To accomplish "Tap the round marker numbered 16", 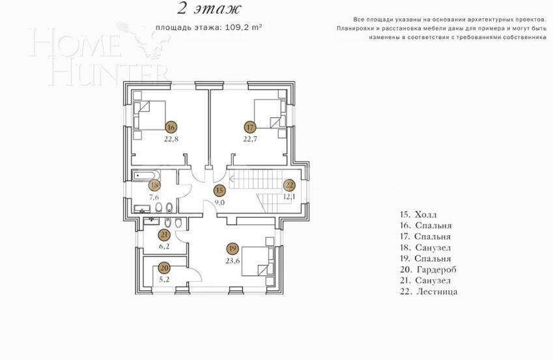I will pyautogui.click(x=171, y=127).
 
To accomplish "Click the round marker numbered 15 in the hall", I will pyautogui.click(x=220, y=190).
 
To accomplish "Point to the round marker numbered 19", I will pyautogui.click(x=233, y=249).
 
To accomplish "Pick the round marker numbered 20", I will pyautogui.click(x=164, y=268).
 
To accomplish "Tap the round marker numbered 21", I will pyautogui.click(x=164, y=235).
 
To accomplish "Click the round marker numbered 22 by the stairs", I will pyautogui.click(x=290, y=185).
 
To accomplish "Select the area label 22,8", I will pyautogui.click(x=171, y=139).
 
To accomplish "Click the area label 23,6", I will pyautogui.click(x=233, y=261).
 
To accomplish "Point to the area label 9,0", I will pyautogui.click(x=220, y=202).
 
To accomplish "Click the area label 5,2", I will pyautogui.click(x=164, y=279).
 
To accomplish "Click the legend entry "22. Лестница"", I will pyautogui.click(x=429, y=291).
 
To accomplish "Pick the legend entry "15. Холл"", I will pyautogui.click(x=419, y=214).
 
